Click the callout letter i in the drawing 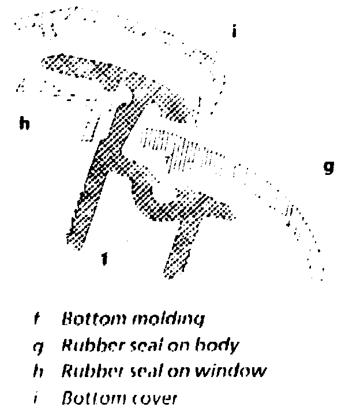click(234, 32)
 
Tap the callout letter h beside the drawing click(24, 123)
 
